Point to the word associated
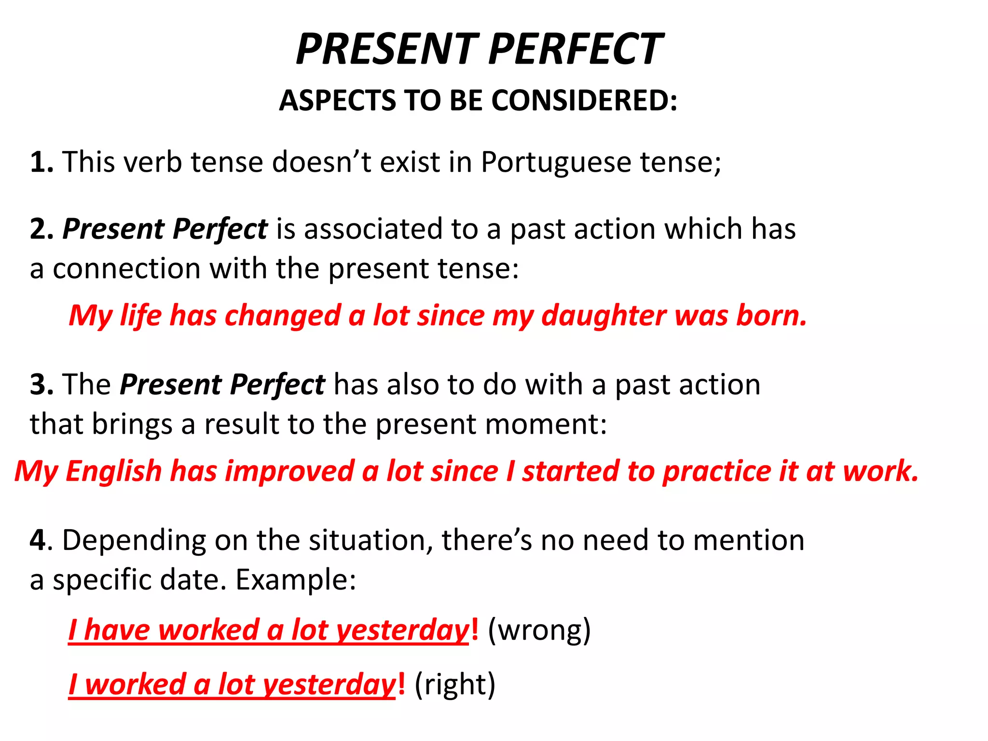point(373,229)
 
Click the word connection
point(126,269)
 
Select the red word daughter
point(604,316)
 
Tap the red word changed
point(283,316)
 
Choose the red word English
point(114,471)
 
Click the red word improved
point(289,471)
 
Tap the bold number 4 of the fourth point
point(38,540)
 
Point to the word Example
point(295,580)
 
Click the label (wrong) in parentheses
point(539,631)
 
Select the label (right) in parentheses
point(455,685)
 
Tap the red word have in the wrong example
point(117,631)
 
